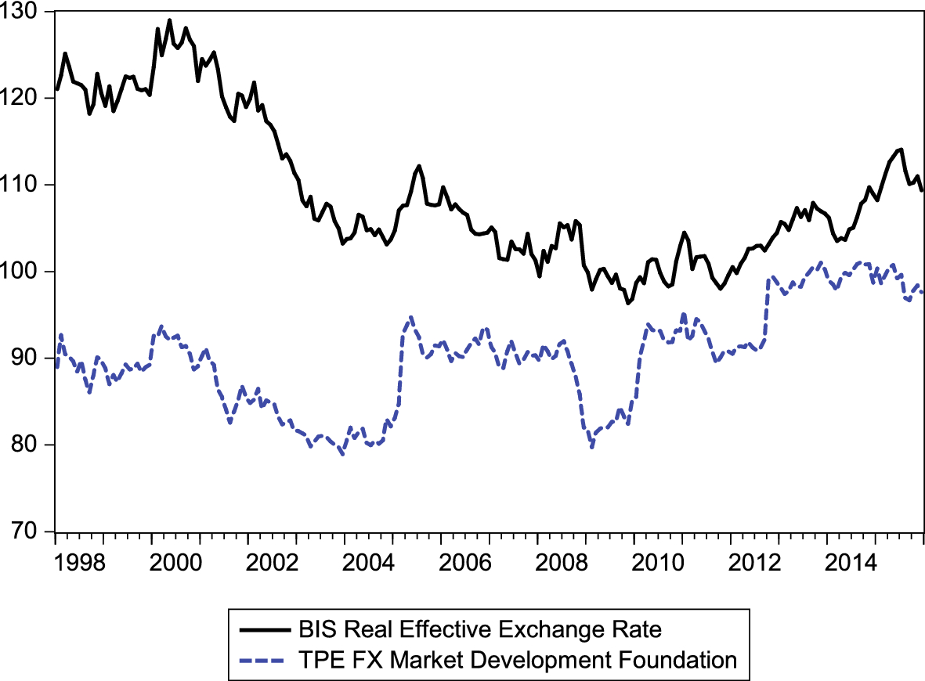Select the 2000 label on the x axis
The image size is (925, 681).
176,564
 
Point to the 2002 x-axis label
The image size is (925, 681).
273,564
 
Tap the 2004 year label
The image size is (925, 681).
369,564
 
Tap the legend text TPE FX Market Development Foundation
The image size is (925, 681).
518,660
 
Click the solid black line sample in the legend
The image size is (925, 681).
263,629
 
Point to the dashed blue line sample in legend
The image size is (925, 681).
263,660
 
